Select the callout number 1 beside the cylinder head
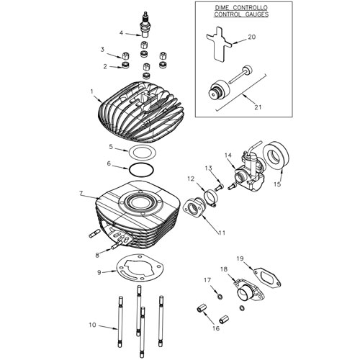(91, 91)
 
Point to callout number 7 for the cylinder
(81, 194)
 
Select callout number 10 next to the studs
(91, 325)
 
